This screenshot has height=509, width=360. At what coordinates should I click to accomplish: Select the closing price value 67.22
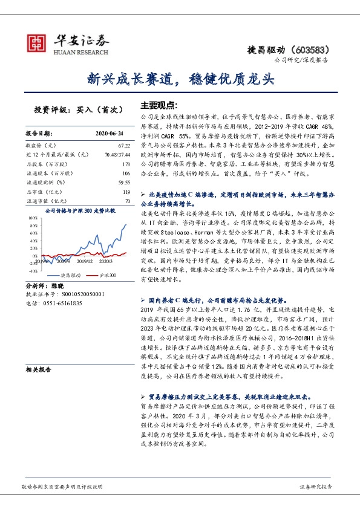point(124,146)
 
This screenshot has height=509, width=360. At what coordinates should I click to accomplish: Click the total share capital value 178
point(126,164)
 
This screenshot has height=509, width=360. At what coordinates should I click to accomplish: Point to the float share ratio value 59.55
point(124,182)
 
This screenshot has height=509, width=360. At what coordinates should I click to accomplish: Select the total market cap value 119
point(126,191)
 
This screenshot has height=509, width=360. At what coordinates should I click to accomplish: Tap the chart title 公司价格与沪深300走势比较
point(80,210)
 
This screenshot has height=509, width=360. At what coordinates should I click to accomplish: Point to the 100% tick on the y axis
point(32,217)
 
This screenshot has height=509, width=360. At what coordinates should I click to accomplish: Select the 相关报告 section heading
point(39,369)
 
